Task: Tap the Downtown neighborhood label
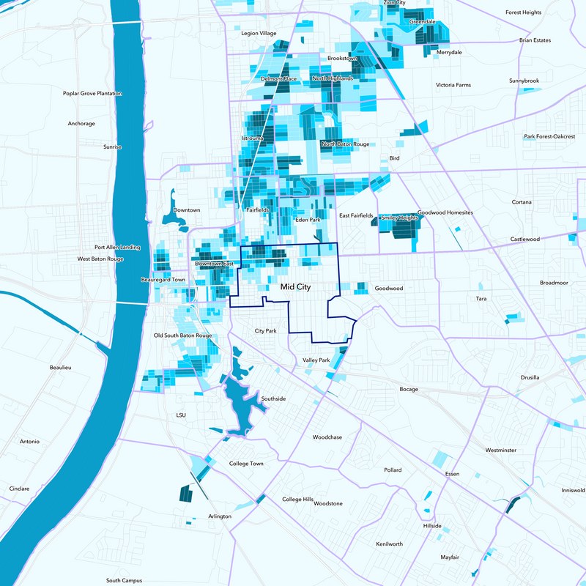point(187,210)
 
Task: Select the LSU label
point(182,415)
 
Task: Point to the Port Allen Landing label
point(117,248)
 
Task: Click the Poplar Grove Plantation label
point(92,94)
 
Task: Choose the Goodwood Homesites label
point(445,212)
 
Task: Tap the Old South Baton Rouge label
point(182,335)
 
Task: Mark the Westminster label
point(501,450)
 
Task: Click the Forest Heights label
point(523,12)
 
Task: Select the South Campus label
point(123,580)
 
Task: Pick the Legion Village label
point(259,33)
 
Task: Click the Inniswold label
point(573,490)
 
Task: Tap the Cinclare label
point(20,488)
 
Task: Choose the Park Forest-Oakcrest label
point(549,136)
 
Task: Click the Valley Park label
point(316,360)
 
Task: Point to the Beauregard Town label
point(163,280)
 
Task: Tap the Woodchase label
point(327,437)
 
